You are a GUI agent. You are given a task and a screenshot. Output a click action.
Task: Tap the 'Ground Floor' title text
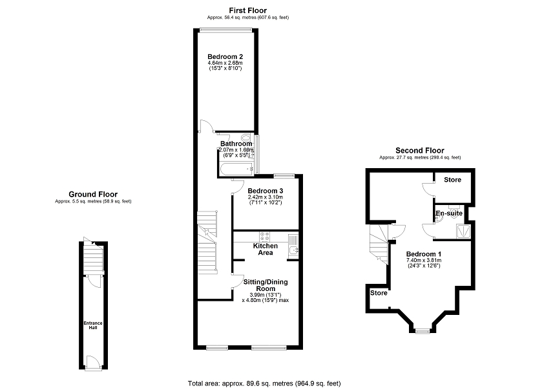(x=93, y=193)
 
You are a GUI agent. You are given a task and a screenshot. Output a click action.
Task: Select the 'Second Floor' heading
(x=420, y=150)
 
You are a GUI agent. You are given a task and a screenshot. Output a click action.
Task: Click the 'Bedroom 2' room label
(x=225, y=57)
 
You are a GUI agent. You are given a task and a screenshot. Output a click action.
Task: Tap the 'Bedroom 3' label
(x=266, y=191)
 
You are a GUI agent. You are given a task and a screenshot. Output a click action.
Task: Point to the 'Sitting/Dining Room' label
(x=265, y=285)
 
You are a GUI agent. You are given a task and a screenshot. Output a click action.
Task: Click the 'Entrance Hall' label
(x=92, y=324)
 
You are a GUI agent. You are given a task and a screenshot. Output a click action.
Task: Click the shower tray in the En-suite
(x=461, y=230)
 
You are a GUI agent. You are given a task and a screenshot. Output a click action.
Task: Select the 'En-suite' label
(x=448, y=213)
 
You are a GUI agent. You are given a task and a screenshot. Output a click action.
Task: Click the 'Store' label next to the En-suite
(x=453, y=179)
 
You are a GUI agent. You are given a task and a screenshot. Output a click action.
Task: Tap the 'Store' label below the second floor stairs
(x=379, y=293)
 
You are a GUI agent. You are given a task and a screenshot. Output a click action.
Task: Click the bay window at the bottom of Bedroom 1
(x=422, y=331)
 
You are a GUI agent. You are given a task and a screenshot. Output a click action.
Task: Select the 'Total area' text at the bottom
(x=264, y=383)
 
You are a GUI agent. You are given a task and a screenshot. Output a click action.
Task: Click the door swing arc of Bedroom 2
(x=205, y=125)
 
